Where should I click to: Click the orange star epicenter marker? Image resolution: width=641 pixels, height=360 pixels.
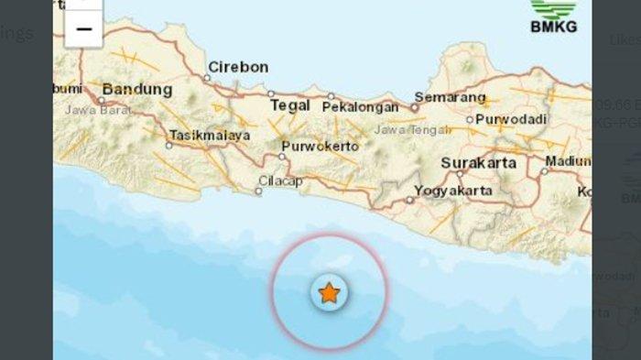[329, 293]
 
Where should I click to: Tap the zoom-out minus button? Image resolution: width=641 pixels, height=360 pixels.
[83, 29]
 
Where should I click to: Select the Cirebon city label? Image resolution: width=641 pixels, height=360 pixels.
[238, 67]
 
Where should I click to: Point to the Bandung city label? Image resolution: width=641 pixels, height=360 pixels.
[137, 90]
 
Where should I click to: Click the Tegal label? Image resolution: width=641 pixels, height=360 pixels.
[290, 105]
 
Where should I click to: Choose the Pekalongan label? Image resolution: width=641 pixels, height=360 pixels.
[361, 106]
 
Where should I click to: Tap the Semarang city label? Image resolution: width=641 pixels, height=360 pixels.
[449, 96]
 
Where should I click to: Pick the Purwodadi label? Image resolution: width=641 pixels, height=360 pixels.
[511, 120]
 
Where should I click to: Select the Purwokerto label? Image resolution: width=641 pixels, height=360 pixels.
[317, 145]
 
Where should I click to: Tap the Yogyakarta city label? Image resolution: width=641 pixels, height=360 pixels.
[453, 191]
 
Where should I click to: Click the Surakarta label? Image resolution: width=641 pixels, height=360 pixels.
[479, 163]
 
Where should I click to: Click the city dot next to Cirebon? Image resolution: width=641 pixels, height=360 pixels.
[207, 78]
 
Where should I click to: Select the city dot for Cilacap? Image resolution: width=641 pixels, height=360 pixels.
[258, 191]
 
